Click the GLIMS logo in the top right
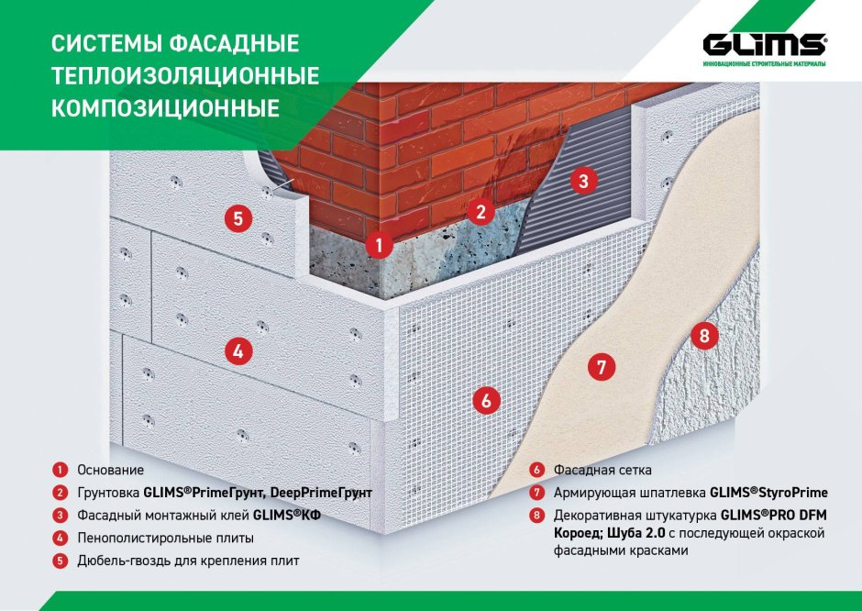(x=765, y=47)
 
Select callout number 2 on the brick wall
(x=479, y=212)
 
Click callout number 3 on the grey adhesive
(x=581, y=181)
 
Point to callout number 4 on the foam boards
(x=238, y=350)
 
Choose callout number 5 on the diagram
(x=238, y=218)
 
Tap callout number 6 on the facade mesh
(x=486, y=400)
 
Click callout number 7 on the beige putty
(x=601, y=369)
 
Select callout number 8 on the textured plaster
(x=703, y=336)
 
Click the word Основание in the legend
(x=110, y=470)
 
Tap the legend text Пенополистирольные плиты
(x=165, y=538)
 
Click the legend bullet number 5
(x=59, y=560)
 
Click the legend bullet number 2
(x=59, y=493)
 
